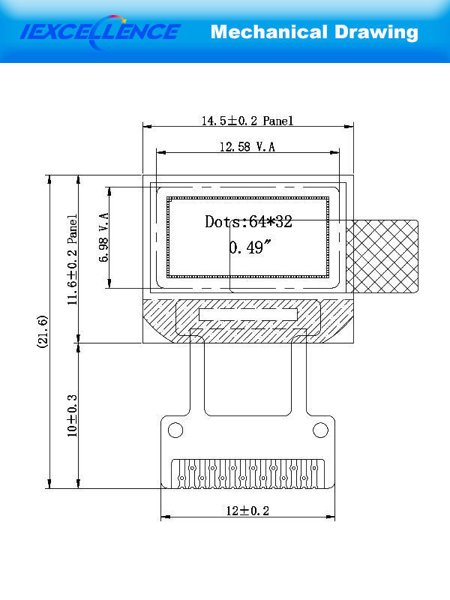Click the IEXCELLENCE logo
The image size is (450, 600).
point(100,32)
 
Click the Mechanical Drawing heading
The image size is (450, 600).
point(314,32)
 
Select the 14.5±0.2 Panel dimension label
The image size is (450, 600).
point(247,121)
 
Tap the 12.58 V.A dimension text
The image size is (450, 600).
point(247,146)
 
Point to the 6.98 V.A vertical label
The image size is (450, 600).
point(103,237)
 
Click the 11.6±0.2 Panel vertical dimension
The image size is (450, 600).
point(72,259)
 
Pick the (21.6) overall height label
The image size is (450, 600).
point(43,331)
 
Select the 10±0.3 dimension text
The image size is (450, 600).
point(72,416)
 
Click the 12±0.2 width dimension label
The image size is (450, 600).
point(247,511)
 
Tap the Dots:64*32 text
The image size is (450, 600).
point(248,221)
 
